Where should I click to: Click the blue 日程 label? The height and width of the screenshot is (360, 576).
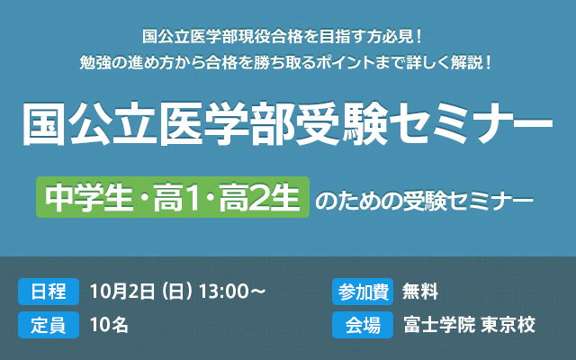(x=48, y=292)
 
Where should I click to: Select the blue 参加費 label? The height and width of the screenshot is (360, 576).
(x=363, y=292)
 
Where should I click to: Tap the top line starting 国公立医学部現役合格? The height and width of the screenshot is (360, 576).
(x=288, y=37)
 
